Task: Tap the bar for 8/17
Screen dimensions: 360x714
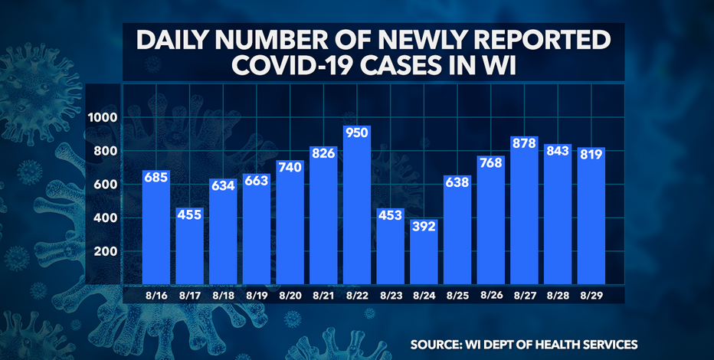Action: tap(189, 245)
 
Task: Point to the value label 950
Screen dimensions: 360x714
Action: tap(357, 136)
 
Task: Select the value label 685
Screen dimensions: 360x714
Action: tap(156, 178)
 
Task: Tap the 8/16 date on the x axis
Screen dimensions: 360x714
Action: tap(156, 295)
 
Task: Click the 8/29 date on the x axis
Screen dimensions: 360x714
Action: tap(590, 295)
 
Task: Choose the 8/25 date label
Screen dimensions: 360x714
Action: tap(457, 295)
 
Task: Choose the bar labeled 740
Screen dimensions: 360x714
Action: tap(290, 222)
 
